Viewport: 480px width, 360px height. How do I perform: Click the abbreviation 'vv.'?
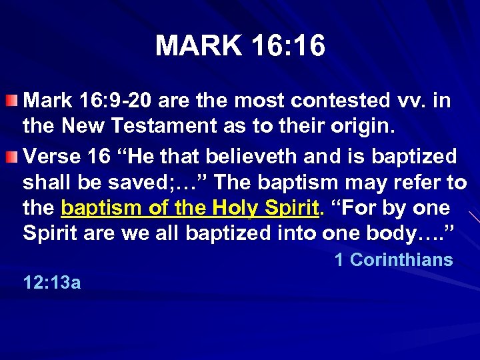click(411, 101)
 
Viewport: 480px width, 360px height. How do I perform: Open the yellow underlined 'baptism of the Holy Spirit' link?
click(189, 209)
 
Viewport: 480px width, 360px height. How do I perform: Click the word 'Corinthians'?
click(402, 260)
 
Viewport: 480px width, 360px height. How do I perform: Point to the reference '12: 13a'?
click(52, 283)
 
